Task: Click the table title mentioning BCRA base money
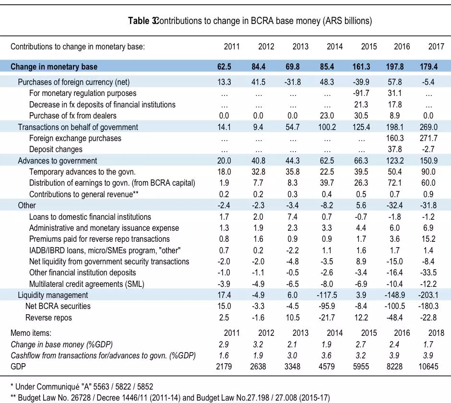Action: point(250,21)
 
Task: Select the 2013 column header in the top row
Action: point(300,47)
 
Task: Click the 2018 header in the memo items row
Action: point(436,332)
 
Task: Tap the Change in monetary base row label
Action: point(54,67)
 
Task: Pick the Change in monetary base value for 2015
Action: point(368,67)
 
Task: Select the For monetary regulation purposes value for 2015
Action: point(368,93)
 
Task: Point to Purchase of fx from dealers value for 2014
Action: point(334,116)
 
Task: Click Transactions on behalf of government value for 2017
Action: point(436,127)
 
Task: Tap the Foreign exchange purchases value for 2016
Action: point(402,138)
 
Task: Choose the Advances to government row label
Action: point(58,161)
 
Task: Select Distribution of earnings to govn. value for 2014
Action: point(334,183)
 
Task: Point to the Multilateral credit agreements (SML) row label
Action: point(87,284)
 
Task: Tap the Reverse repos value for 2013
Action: point(300,317)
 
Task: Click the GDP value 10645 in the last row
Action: point(435,366)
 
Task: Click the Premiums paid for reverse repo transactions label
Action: point(99,239)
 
